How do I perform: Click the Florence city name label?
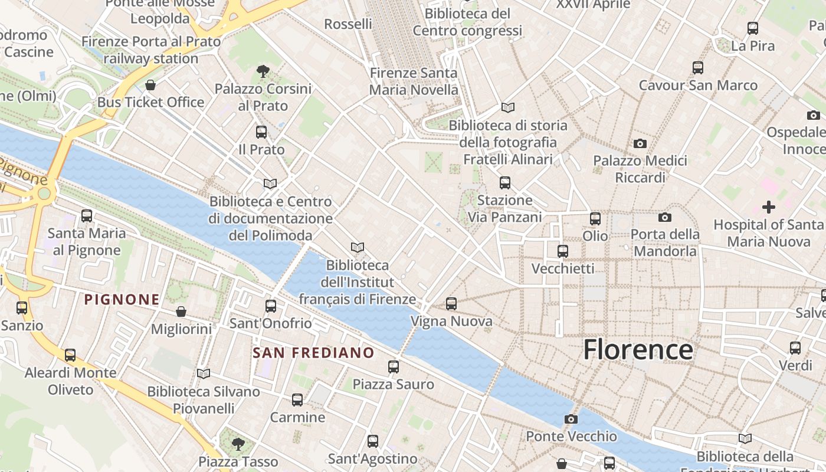click(638, 349)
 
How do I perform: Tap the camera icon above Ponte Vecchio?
click(571, 419)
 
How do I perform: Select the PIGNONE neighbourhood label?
click(122, 300)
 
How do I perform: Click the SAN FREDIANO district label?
click(313, 353)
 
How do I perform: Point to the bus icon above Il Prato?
click(261, 132)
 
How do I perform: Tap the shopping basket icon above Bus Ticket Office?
click(150, 86)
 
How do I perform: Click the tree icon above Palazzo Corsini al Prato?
click(263, 72)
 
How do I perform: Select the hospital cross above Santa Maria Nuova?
click(768, 207)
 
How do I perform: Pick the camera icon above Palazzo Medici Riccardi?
click(640, 143)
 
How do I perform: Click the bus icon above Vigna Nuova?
click(451, 304)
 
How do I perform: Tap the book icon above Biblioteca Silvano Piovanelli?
click(204, 373)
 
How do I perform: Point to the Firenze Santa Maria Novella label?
click(414, 81)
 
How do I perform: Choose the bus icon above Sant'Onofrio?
click(271, 306)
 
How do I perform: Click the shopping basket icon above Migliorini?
click(181, 311)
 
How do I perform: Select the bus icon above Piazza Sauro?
click(394, 367)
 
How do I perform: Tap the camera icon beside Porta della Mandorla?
click(665, 218)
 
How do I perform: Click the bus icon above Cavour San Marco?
click(698, 68)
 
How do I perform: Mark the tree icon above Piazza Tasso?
click(238, 444)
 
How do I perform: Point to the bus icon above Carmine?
click(297, 400)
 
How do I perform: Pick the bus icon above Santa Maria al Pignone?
click(87, 216)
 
